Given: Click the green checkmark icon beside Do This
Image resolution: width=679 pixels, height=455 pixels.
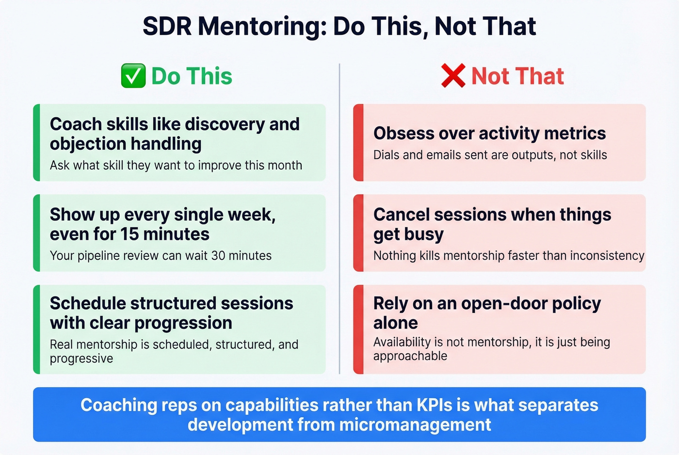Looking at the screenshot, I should click(133, 76).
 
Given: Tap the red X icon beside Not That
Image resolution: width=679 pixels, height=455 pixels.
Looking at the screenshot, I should click(453, 76).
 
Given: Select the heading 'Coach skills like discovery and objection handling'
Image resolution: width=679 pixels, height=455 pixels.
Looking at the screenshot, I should click(175, 134).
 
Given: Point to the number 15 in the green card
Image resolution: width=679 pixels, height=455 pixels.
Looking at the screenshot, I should click(129, 234).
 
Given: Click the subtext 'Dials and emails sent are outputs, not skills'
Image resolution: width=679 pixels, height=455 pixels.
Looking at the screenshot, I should click(490, 155).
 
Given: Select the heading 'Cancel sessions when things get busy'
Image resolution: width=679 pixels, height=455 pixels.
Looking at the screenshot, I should click(492, 224).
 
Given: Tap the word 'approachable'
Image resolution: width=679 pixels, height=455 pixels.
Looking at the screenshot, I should click(410, 356).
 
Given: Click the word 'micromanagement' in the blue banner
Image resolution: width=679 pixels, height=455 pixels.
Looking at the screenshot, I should click(415, 425).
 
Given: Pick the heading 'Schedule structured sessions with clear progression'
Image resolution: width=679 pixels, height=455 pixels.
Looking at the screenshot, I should click(171, 313).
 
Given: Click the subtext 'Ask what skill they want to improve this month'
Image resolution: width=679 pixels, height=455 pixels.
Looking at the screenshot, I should click(176, 165).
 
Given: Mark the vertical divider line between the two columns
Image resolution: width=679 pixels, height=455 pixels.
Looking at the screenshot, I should click(339, 218).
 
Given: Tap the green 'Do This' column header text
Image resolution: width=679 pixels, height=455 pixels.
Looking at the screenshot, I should click(192, 76).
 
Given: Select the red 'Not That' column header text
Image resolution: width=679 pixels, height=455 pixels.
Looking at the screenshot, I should click(517, 76).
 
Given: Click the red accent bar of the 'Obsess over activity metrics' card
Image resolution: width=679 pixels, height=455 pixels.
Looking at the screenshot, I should click(358, 142).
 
